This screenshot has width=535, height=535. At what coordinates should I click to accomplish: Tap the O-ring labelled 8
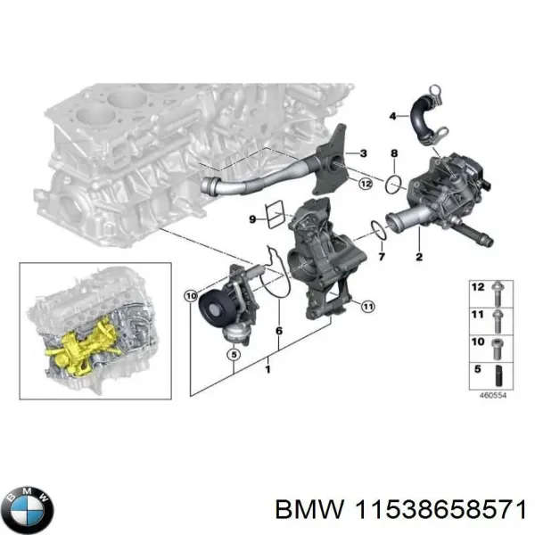393,184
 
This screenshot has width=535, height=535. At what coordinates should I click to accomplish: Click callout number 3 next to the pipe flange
363,154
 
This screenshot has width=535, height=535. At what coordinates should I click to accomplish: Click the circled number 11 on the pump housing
366,307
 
